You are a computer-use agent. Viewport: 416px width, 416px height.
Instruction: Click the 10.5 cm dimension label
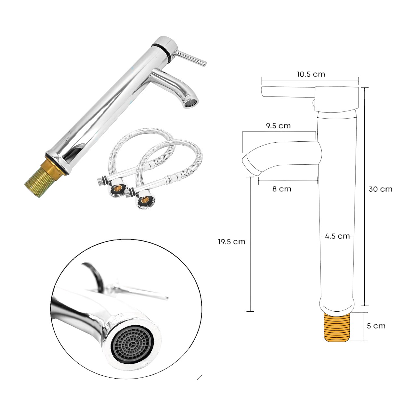click(x=310, y=74)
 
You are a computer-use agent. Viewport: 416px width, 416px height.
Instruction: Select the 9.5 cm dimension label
click(x=278, y=126)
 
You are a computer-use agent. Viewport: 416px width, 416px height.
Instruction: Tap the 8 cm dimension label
click(x=281, y=189)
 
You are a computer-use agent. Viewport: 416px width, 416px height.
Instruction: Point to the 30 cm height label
click(x=380, y=189)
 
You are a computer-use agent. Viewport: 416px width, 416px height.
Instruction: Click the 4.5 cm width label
click(x=337, y=236)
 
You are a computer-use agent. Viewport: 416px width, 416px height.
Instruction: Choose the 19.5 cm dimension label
click(x=232, y=242)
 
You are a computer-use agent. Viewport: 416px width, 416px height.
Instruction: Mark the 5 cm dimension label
click(x=376, y=326)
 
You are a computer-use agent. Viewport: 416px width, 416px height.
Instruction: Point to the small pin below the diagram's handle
click(x=314, y=103)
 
